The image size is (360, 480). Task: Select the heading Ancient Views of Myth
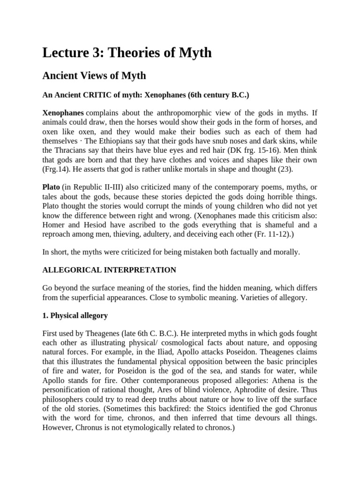pos(94,75)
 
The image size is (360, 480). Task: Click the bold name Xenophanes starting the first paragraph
pos(63,113)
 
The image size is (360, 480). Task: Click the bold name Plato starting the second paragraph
pos(51,187)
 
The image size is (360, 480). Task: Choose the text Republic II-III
pos(97,187)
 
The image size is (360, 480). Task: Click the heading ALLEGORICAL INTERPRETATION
pos(109,270)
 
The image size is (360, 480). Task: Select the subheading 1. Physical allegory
pos(75,315)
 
